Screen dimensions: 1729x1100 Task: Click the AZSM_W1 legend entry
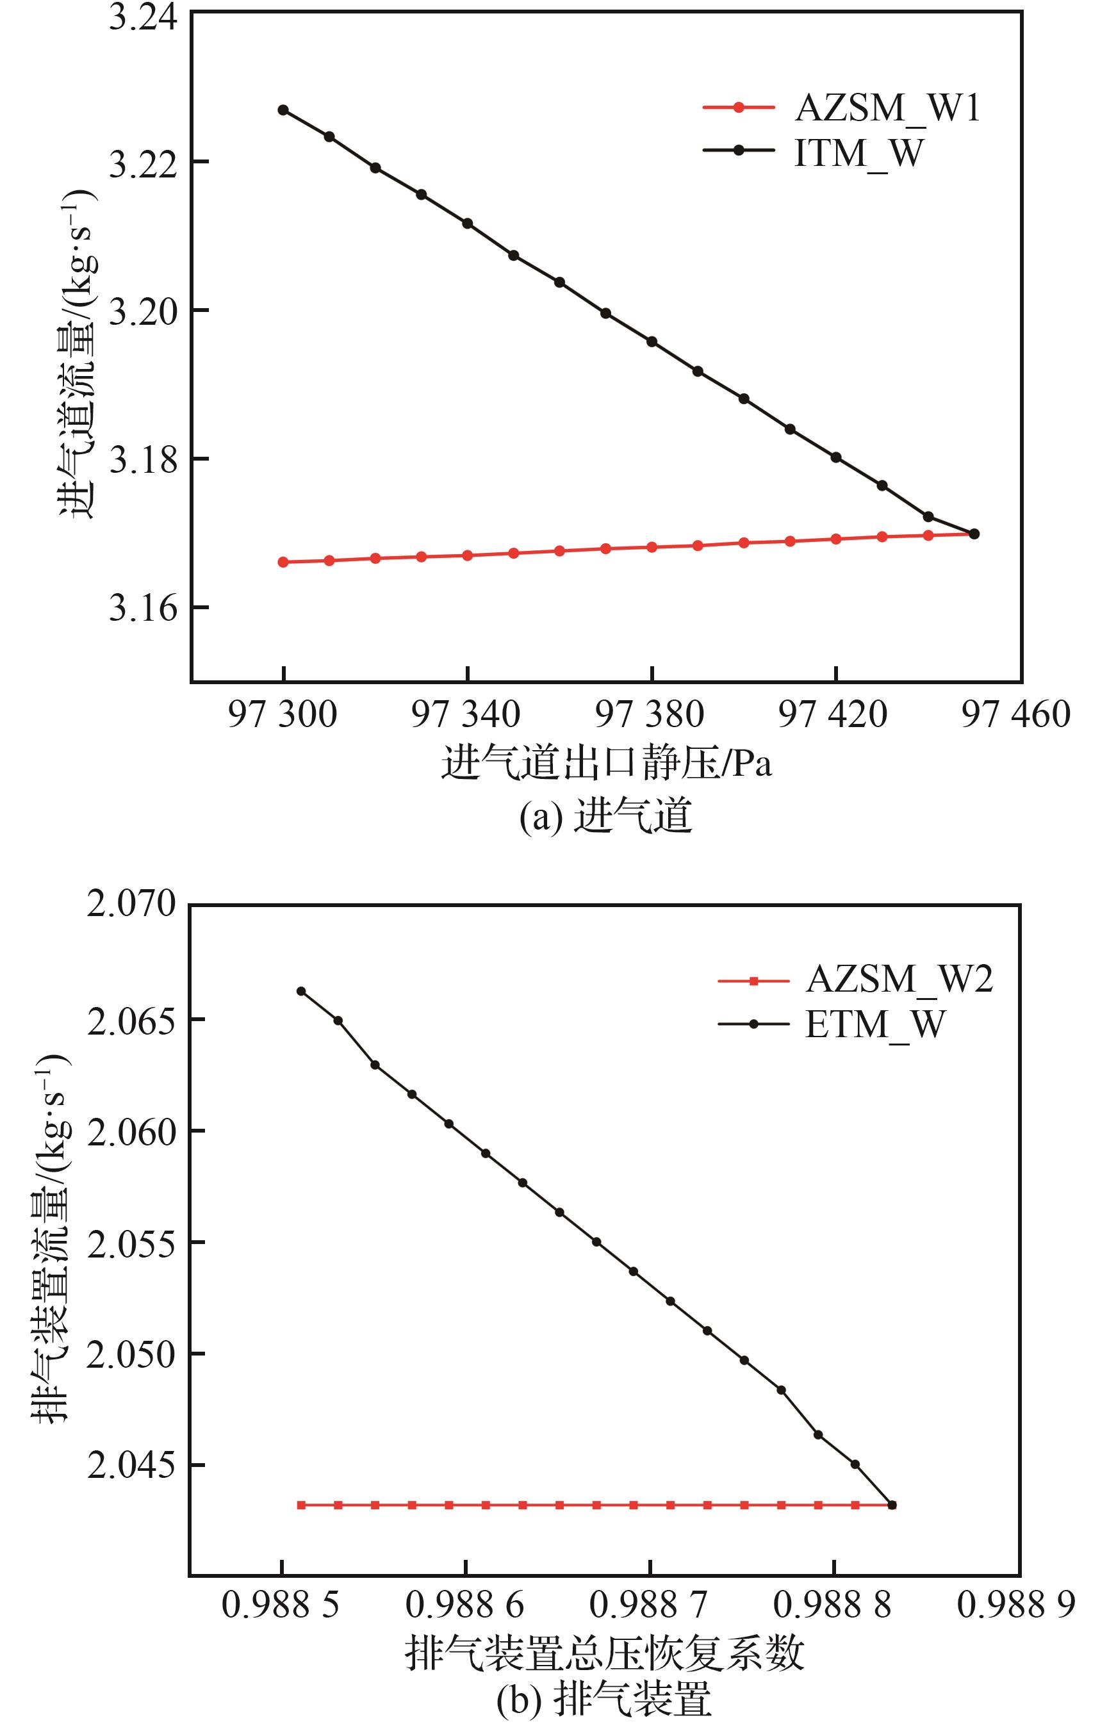[x=887, y=108]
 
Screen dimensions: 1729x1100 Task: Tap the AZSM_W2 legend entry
[x=899, y=979]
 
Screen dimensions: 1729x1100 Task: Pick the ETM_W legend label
[x=874, y=1024]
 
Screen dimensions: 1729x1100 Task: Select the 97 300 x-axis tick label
[x=282, y=715]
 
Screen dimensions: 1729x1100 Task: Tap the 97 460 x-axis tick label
[x=1016, y=715]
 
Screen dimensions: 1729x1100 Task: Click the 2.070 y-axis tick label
[x=131, y=904]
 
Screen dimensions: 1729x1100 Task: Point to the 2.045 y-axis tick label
[x=131, y=1466]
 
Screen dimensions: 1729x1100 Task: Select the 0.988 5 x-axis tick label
[x=281, y=1604]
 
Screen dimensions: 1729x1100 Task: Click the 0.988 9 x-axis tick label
[x=1017, y=1604]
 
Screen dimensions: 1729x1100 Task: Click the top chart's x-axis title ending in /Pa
[x=607, y=763]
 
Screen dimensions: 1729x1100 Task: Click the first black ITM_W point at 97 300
[x=283, y=110]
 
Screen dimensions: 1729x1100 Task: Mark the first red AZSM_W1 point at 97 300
[x=283, y=562]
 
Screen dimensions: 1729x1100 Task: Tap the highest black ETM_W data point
[x=302, y=991]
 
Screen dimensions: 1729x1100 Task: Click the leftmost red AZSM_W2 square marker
[x=302, y=1505]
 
